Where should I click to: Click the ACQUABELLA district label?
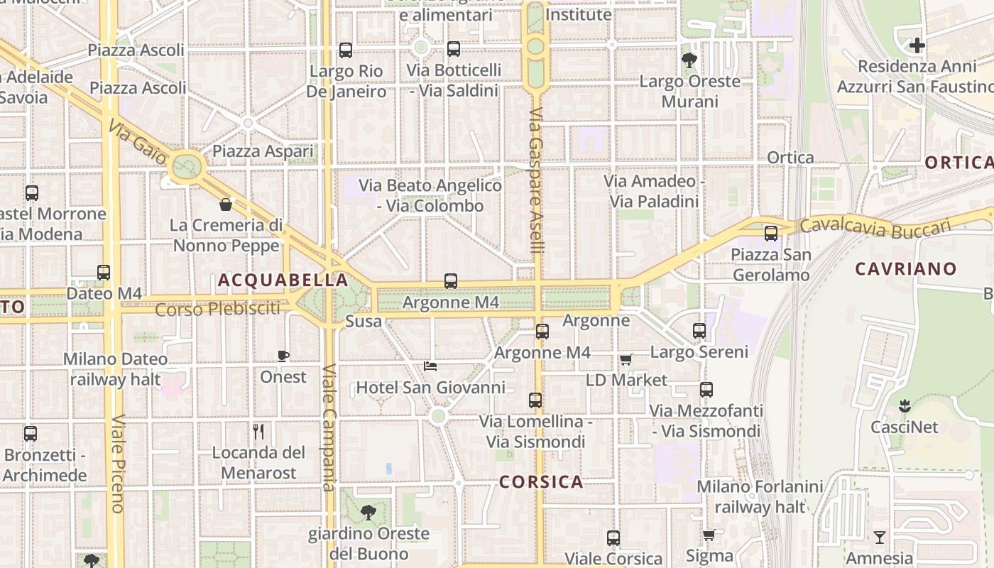coord(283,280)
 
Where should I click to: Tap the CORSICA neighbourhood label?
coord(541,482)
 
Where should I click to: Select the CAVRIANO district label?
coord(905,268)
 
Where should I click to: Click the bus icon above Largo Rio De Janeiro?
coord(346,50)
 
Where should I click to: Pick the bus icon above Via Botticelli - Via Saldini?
coord(454,49)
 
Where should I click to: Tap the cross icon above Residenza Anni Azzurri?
coord(917,45)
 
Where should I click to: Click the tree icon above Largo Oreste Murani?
coord(689,60)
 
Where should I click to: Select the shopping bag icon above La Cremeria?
coord(226,204)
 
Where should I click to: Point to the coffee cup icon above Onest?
coord(283,356)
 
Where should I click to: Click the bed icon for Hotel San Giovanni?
coord(430,366)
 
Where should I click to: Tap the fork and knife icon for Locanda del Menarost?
coord(258,431)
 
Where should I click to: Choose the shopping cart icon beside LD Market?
coord(626,360)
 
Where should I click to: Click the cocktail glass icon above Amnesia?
coord(880,537)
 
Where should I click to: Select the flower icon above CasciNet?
coord(905,406)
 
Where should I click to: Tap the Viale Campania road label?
coord(329,427)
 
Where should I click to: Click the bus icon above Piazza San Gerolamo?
coord(771,233)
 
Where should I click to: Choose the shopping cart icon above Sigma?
coord(709,535)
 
